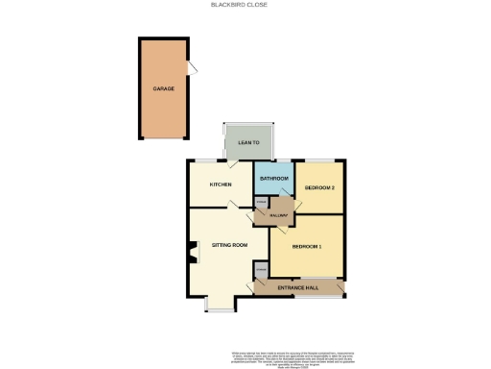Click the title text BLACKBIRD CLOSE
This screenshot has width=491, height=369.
coord(240,5)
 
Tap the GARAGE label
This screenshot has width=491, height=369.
coord(163,88)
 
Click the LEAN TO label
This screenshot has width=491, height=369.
coord(248,142)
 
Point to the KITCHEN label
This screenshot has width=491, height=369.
coord(222,185)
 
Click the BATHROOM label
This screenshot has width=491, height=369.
coord(274,179)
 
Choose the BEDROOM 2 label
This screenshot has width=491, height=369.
coord(319,187)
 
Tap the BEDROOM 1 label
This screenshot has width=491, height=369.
coord(306,247)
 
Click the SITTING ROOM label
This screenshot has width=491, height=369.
coord(230,245)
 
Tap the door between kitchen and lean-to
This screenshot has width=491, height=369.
coord(233,163)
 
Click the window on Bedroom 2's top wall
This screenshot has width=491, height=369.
coord(320,159)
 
